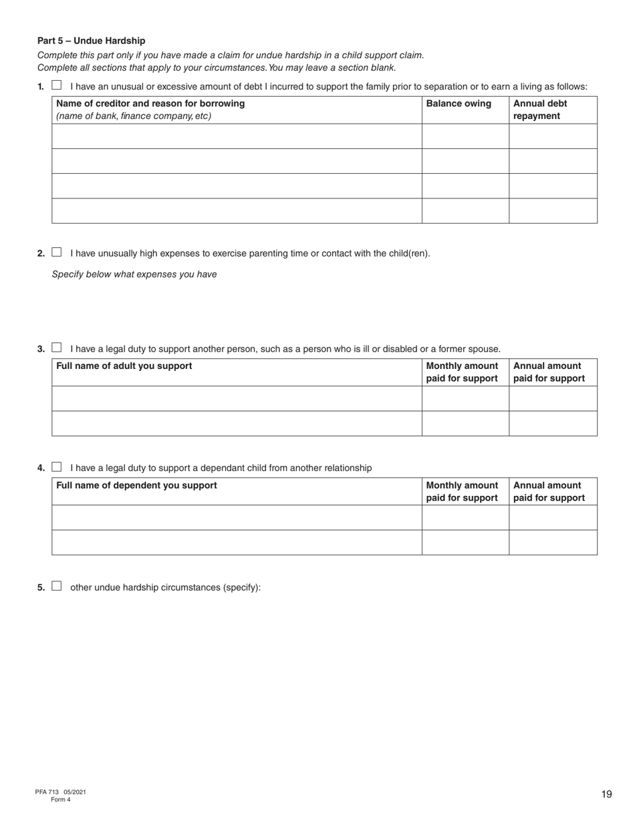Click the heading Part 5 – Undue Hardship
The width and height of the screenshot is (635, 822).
(91, 41)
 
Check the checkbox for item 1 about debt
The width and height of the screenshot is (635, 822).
(57, 86)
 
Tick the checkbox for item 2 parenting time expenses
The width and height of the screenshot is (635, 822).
(57, 253)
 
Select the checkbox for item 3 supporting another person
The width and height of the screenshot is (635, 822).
(57, 348)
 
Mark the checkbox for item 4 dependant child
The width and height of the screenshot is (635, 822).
(57, 467)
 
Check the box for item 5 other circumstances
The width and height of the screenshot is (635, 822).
(57, 587)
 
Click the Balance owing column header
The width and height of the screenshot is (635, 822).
(459, 104)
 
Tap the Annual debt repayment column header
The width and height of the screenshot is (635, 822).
(539, 110)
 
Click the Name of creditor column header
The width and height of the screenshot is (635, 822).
(150, 104)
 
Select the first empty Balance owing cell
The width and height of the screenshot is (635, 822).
(465, 136)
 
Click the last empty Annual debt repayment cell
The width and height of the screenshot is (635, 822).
(553, 211)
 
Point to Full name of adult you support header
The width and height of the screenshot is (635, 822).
(124, 366)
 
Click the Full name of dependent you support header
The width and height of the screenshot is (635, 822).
(136, 485)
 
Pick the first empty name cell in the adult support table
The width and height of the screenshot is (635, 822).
(237, 398)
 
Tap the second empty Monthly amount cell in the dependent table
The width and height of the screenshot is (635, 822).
(465, 542)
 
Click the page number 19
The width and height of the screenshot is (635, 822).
(606, 794)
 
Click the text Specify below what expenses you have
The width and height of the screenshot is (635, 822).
(134, 274)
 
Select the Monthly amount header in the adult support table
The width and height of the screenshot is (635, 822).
(462, 372)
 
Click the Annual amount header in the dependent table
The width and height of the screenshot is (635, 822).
(549, 491)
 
